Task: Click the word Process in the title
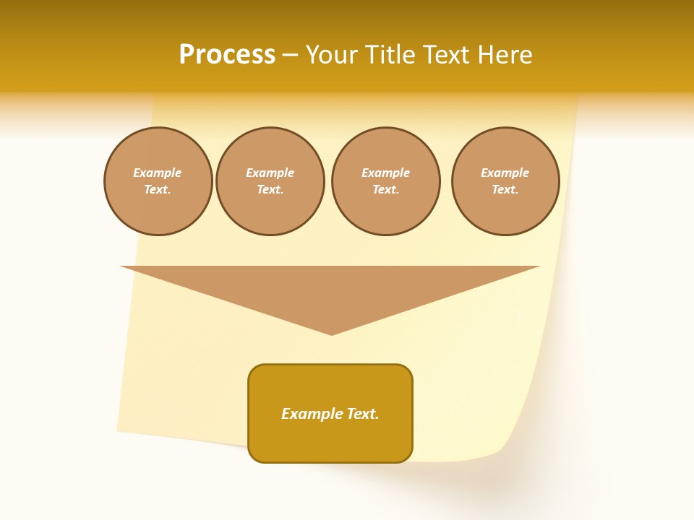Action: point(227,55)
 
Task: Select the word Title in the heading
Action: point(392,55)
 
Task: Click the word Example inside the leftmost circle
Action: point(158,173)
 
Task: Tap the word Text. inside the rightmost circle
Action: point(505,189)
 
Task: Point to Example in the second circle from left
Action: point(270,173)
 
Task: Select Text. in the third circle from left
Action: point(385,189)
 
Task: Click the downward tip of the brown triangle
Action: point(332,333)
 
